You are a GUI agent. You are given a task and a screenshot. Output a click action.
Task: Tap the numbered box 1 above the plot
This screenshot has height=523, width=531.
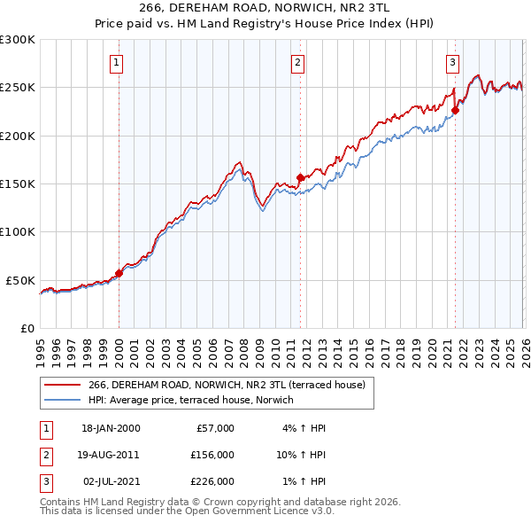[x=118, y=62]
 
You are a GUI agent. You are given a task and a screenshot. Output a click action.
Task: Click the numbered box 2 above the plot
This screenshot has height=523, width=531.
[x=297, y=62]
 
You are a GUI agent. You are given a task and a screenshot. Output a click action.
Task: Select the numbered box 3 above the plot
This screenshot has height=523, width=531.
[x=452, y=62]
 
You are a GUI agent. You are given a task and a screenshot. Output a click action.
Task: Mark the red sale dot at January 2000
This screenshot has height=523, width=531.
[x=119, y=273]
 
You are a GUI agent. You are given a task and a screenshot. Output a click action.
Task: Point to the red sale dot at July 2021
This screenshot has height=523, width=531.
[x=455, y=111]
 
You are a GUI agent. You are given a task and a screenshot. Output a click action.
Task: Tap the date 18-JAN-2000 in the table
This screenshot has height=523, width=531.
[x=111, y=428]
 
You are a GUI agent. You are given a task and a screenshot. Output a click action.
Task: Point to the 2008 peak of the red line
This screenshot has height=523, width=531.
[x=239, y=162]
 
